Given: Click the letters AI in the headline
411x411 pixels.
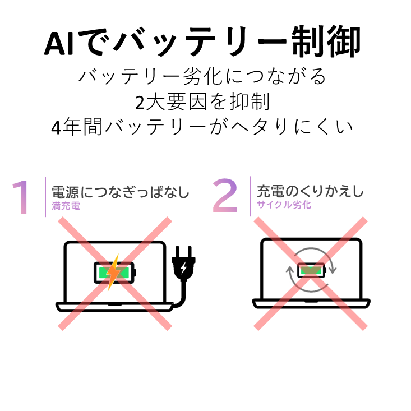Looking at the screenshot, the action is coord(59,43).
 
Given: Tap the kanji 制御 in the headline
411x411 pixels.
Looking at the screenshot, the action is coord(326,41).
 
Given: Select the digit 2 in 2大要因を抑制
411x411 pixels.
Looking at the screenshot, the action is coord(140,103).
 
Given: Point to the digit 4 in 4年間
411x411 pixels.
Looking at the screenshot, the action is coord(57,128).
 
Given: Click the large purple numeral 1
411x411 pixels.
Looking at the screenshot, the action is coord(21,197).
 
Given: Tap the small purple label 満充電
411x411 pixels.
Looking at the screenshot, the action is coord(66,206).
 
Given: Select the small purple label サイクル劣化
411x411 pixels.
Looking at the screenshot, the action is coord(284,205).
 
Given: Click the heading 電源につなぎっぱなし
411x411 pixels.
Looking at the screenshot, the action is coord(121,192).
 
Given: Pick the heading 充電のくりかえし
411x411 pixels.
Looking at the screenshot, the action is coord(310,191).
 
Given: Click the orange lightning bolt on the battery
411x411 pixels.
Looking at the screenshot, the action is coord(114,272).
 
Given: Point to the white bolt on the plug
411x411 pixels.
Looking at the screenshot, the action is coord(184,267).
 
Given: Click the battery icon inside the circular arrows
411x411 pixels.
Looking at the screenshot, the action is coord(311,270).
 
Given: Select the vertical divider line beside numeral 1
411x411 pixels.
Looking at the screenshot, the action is coord(45,197).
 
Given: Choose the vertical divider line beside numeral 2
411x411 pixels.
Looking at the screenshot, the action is coord(250,196).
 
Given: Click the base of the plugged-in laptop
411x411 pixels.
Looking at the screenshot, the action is coord(114,307).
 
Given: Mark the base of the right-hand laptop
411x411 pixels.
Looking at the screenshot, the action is coord(311,303).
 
